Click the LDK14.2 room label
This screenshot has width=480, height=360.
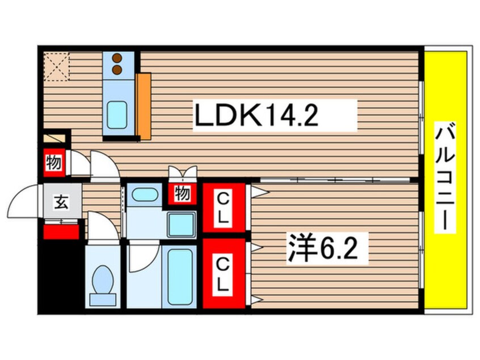coord(256,115)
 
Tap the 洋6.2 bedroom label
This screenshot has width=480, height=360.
coord(322,249)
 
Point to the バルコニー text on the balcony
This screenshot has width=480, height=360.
coord(444,177)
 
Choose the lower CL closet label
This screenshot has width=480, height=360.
coord(224,274)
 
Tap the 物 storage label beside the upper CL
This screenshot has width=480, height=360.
coord(183,193)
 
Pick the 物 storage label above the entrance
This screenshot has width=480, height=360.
coord(54,162)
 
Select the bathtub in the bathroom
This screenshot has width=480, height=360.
coord(179,277)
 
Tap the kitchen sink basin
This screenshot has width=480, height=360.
coord(117,115)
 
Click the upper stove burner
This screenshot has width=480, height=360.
coord(117,57)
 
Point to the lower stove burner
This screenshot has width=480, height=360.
coord(117,70)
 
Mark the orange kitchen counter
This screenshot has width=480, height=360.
coord(144,106)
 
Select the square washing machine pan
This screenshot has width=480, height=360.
coord(181,225)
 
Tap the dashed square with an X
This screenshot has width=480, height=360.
coord(56,66)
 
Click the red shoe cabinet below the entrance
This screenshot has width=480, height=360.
coord(61,232)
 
